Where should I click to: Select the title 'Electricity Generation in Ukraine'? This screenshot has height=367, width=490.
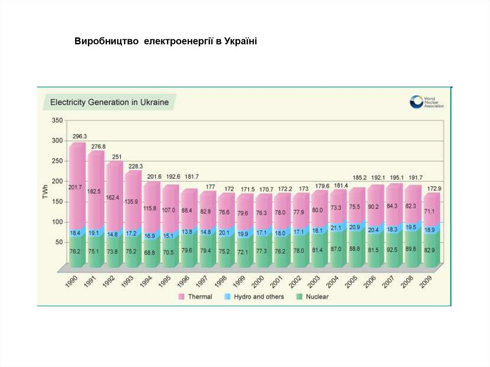click(110, 102)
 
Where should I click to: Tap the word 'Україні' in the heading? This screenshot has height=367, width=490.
click(241, 42)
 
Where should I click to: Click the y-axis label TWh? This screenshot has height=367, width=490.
click(45, 191)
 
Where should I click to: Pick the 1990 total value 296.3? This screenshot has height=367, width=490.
click(80, 136)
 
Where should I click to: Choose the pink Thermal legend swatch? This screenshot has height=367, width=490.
click(181, 297)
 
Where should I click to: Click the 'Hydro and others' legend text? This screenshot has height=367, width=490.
click(258, 297)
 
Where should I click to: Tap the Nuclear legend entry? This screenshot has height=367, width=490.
click(317, 297)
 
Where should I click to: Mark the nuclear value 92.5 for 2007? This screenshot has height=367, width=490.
click(392, 249)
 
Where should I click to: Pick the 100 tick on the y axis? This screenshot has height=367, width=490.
click(57, 222)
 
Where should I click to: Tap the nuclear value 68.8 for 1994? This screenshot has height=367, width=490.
click(149, 252)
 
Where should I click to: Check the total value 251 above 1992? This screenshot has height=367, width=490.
click(117, 156)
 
